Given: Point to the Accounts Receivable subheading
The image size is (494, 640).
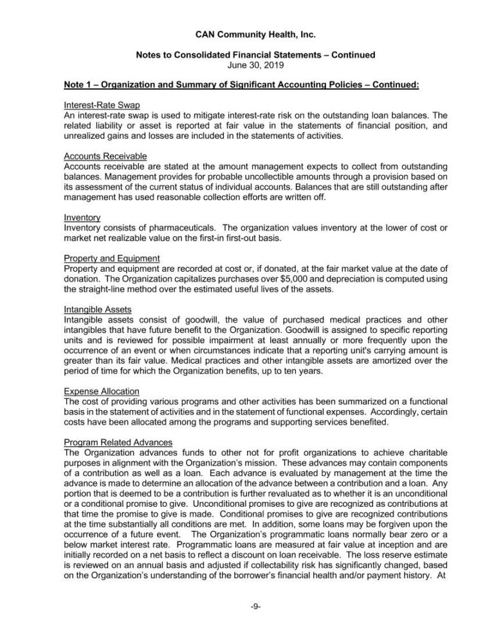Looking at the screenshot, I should point(105,156).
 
